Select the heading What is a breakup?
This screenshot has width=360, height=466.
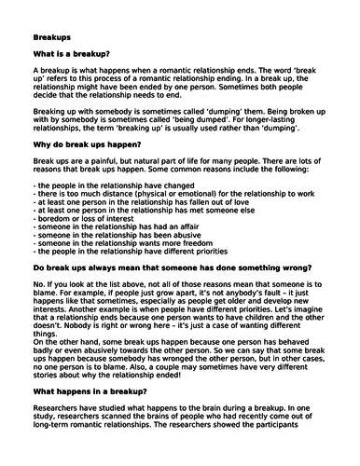[74, 55]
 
